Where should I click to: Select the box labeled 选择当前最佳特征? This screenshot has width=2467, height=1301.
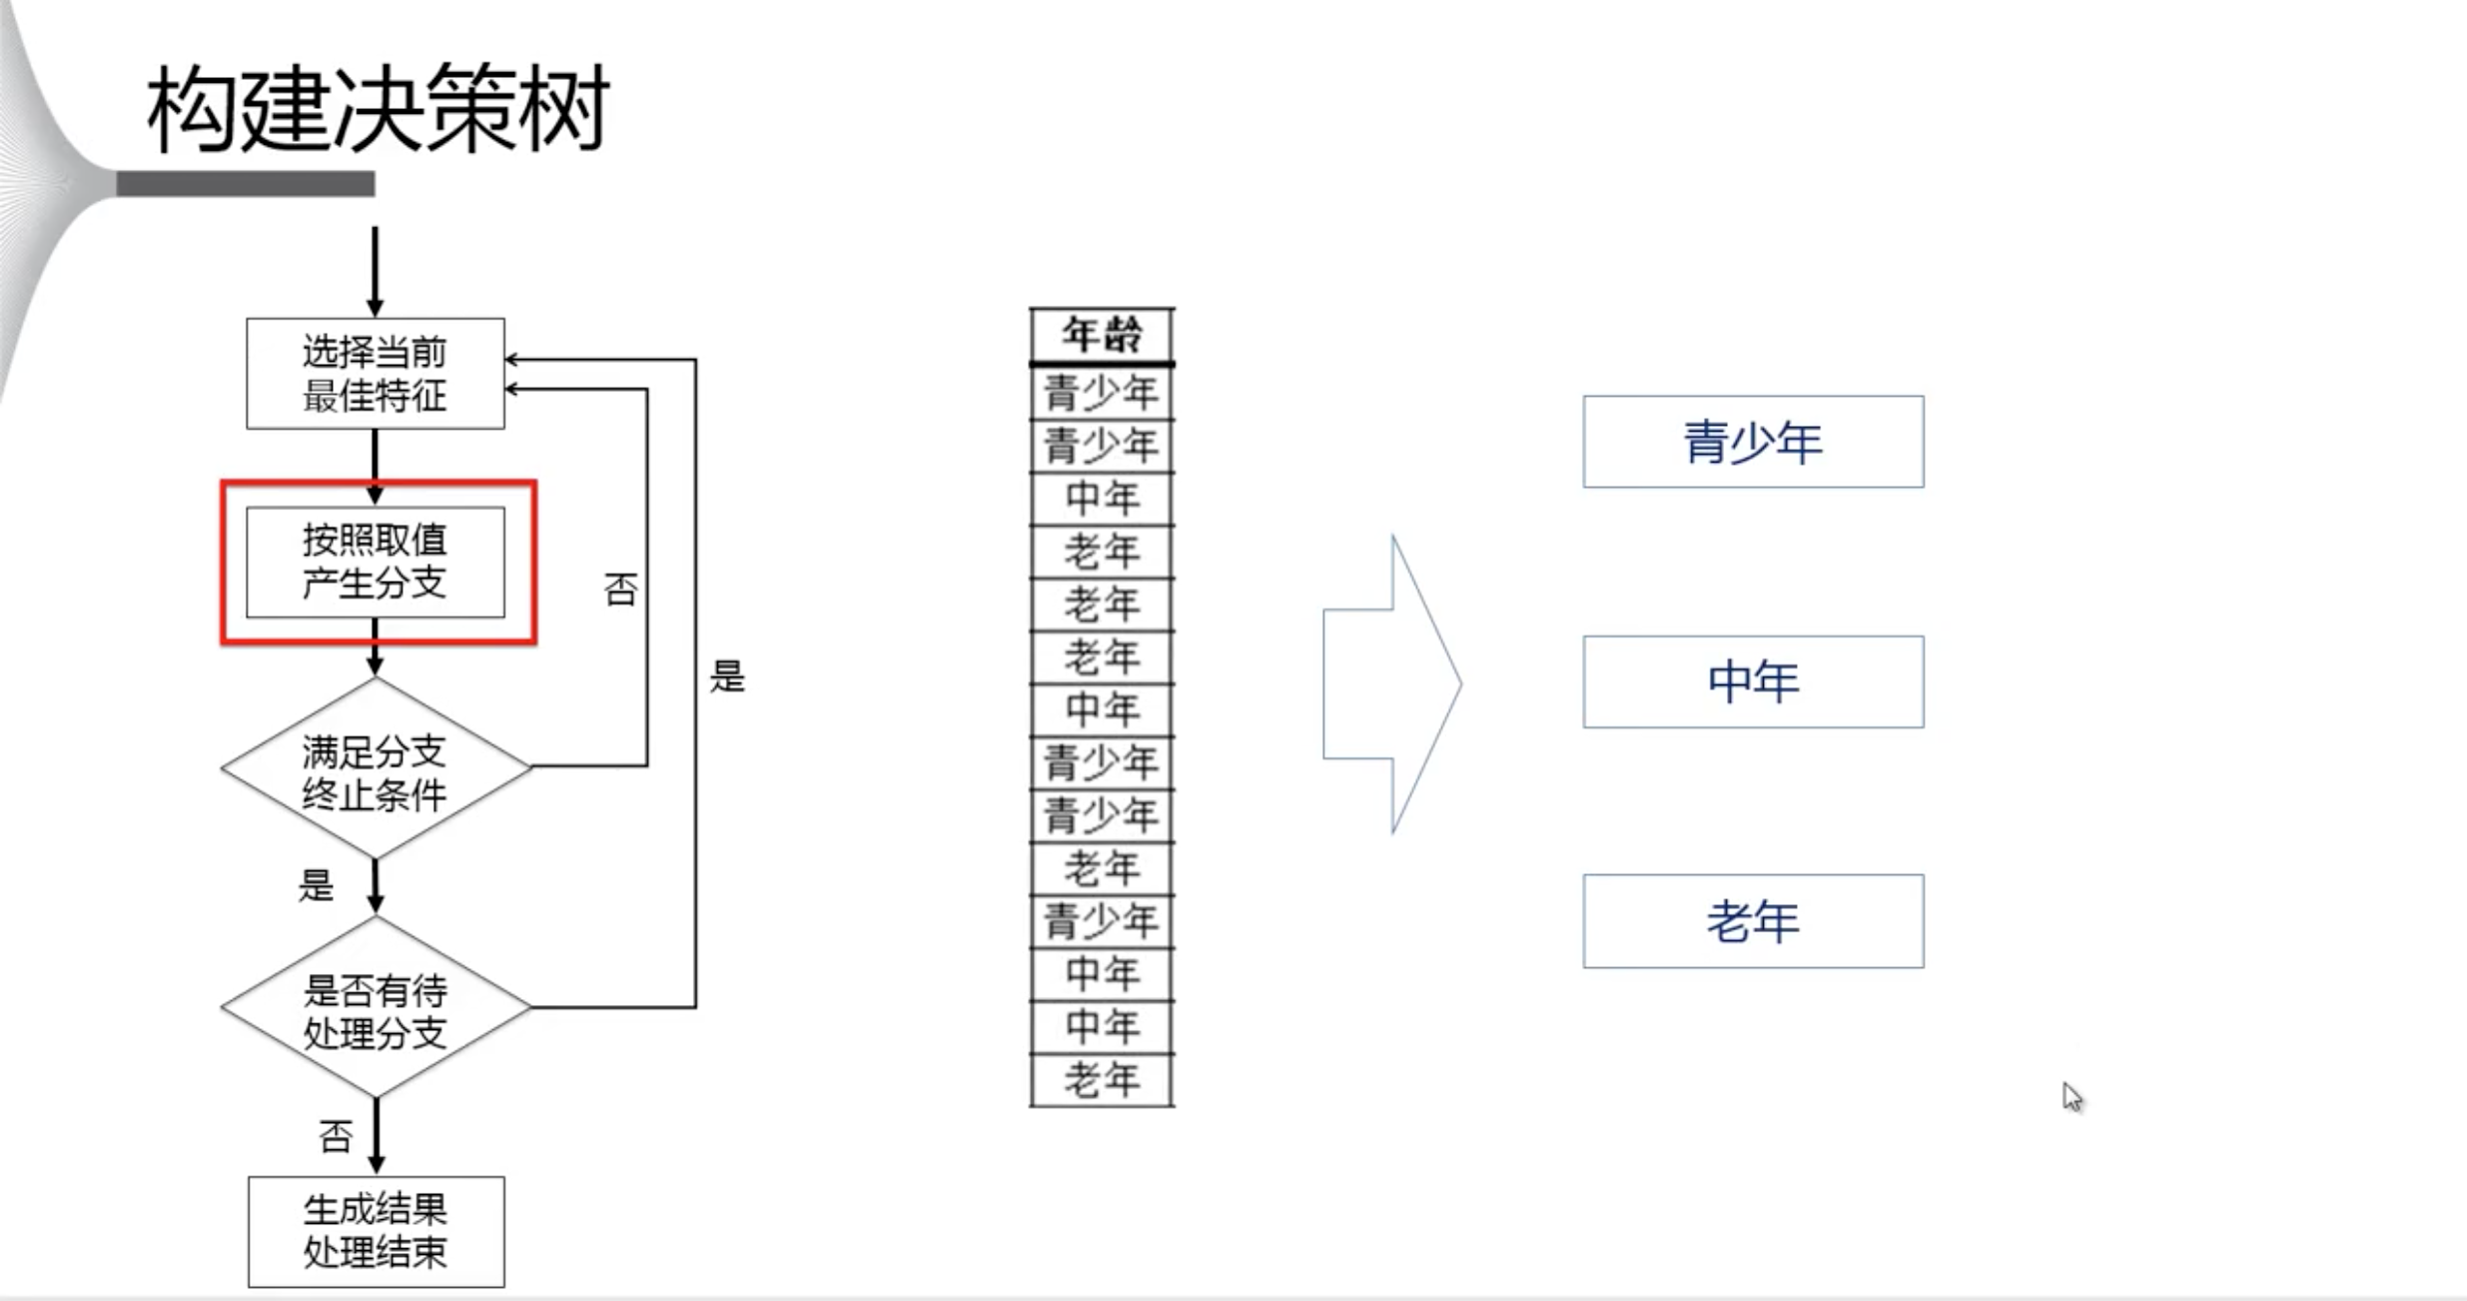[x=376, y=374]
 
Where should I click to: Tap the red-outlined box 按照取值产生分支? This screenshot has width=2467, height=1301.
[x=376, y=562]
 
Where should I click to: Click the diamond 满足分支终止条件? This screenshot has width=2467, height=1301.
[x=376, y=769]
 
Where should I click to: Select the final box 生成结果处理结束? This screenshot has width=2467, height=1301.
[x=376, y=1231]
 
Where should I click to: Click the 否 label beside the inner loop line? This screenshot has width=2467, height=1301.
[x=620, y=590]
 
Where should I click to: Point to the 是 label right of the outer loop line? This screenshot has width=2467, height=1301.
[x=727, y=676]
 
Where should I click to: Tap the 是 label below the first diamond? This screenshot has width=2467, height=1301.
[x=316, y=885]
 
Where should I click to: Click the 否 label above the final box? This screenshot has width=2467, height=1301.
[x=336, y=1136]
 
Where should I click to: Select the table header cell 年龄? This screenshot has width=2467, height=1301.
[x=1102, y=335]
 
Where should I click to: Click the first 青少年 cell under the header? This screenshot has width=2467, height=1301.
[x=1102, y=393]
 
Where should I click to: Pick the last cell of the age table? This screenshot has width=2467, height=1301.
[x=1102, y=1080]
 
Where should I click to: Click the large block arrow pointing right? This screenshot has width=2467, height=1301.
[x=1392, y=684]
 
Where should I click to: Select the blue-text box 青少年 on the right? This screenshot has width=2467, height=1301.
[x=1753, y=442]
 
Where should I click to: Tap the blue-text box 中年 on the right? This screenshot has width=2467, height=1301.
[x=1753, y=681]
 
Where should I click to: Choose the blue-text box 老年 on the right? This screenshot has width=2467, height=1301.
[x=1753, y=921]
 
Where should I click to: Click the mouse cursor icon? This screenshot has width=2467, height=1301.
[x=2072, y=1096]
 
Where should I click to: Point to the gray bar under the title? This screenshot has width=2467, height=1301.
[x=246, y=184]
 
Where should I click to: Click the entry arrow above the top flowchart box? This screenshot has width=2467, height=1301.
[x=376, y=270]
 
